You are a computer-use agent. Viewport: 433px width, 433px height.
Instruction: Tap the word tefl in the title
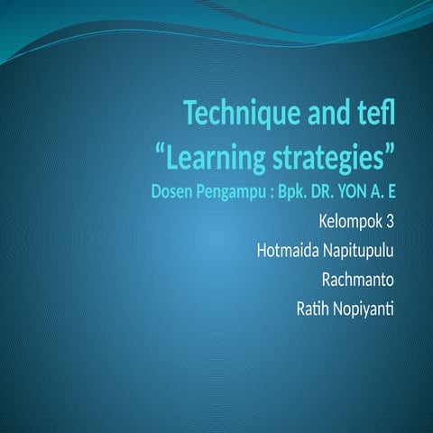tap(375, 115)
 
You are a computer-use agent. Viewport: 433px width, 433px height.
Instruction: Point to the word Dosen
tap(171, 192)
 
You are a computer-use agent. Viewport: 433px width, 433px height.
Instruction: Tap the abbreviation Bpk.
tap(298, 192)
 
